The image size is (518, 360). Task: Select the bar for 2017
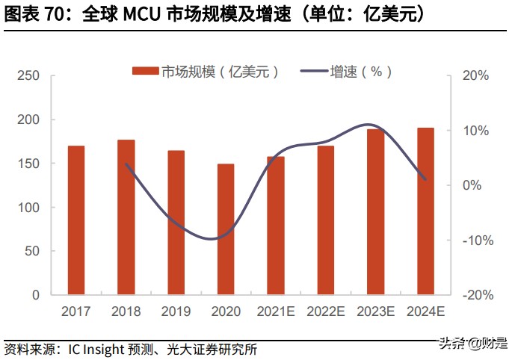click(76, 220)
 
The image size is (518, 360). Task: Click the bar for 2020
click(226, 229)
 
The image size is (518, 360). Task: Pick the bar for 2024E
click(425, 211)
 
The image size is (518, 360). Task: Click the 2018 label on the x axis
click(126, 311)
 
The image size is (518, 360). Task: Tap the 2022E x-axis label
click(325, 311)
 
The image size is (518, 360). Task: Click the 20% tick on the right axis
click(475, 76)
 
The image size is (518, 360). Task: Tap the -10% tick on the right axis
click(475, 240)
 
